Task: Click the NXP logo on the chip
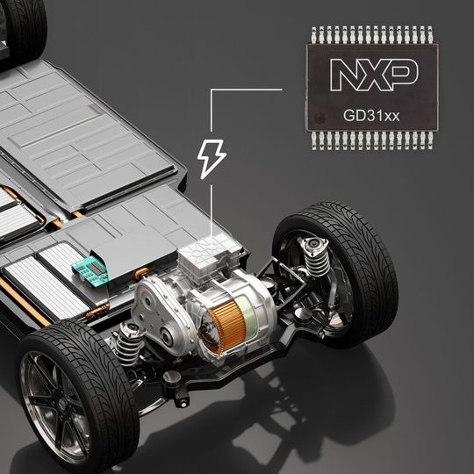(373, 75)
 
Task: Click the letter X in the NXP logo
(373, 75)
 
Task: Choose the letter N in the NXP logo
(345, 75)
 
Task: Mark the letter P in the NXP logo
(402, 75)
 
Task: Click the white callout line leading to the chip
(246, 90)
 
